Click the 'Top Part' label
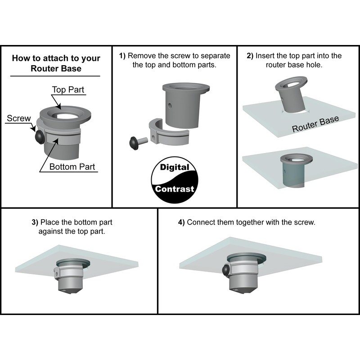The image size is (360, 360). click(68, 90)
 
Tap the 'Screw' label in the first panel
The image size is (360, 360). click(19, 119)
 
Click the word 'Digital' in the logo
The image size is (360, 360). click(175, 167)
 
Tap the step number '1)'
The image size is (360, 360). click(122, 56)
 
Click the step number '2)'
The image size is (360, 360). click(250, 56)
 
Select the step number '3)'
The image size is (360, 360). click(35, 222)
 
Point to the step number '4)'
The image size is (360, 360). click(181, 222)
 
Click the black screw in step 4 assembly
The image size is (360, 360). click(225, 271)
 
